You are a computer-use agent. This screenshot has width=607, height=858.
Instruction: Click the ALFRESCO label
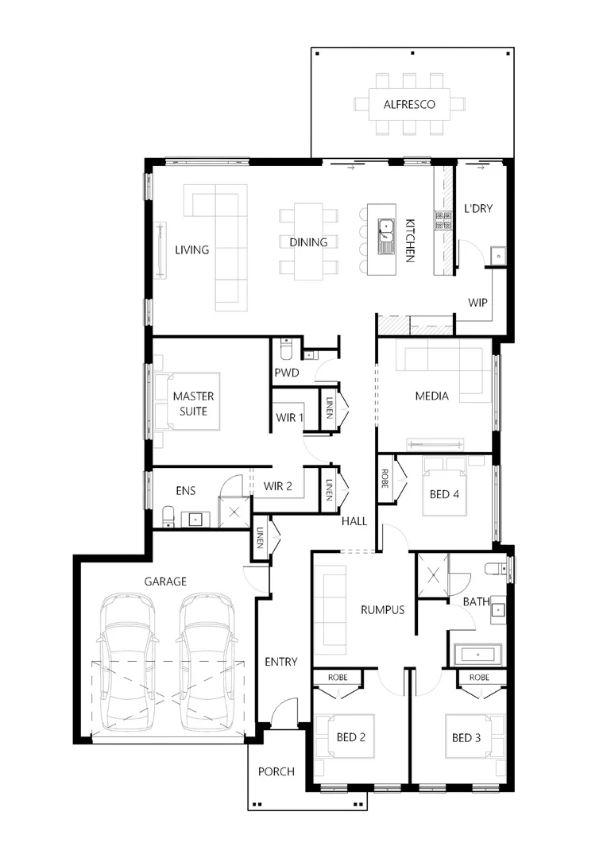click(x=409, y=104)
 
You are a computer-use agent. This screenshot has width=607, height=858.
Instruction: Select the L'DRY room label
click(x=478, y=209)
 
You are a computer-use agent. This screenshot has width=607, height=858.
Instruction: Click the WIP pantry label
click(x=477, y=303)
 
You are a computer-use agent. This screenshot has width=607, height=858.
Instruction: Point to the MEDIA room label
click(x=432, y=396)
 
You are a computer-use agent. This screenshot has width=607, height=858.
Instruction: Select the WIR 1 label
click(x=290, y=416)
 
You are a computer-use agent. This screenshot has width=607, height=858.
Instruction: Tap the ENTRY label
click(x=280, y=662)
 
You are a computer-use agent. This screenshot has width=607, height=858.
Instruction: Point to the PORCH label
click(x=276, y=771)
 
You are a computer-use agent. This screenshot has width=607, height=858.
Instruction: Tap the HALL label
click(x=354, y=521)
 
